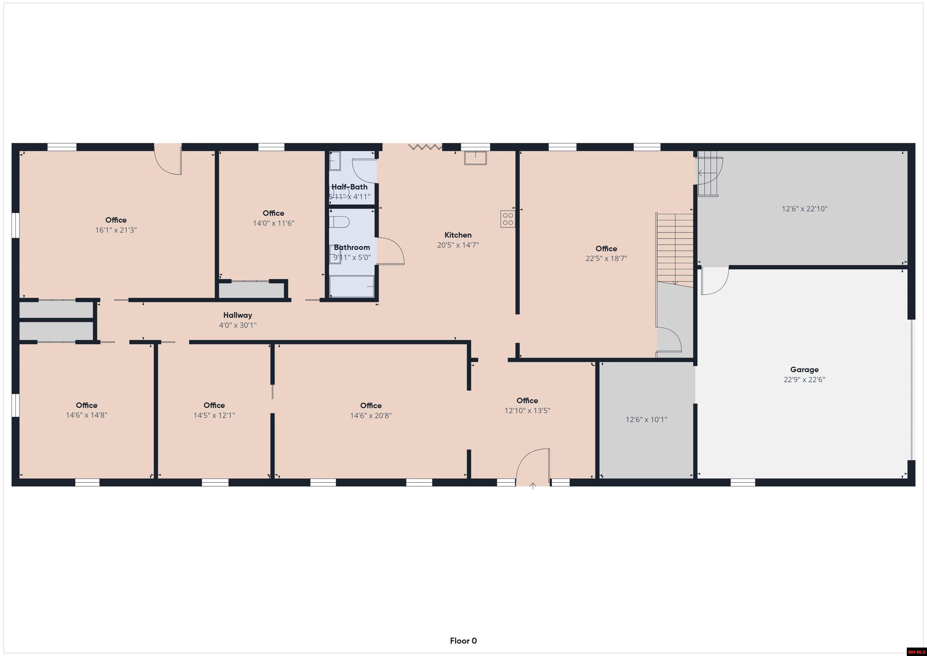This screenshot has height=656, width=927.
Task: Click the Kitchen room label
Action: tap(458, 235)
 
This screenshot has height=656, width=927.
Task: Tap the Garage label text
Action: tap(804, 369)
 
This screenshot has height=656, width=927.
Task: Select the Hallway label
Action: tap(237, 315)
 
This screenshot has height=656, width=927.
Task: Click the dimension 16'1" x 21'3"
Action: tap(116, 230)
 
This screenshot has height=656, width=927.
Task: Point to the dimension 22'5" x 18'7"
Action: tap(606, 258)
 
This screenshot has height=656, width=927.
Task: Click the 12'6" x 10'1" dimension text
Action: tap(646, 420)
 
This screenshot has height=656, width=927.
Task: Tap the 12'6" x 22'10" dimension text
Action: tap(804, 209)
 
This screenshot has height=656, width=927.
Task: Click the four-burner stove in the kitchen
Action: tap(508, 219)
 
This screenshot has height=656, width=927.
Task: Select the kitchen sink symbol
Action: tap(475, 158)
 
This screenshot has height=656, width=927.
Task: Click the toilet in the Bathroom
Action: tap(339, 222)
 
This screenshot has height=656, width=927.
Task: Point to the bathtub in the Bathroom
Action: tap(352, 286)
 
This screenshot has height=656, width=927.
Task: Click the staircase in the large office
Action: tap(674, 249)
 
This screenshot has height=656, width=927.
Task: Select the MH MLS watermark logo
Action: tap(916, 651)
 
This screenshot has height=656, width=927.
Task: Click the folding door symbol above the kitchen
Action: tap(425, 147)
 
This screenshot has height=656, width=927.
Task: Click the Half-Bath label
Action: tap(349, 187)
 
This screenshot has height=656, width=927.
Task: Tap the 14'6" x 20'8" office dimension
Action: tap(371, 416)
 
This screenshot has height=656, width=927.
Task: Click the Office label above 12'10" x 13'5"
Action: tap(527, 400)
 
